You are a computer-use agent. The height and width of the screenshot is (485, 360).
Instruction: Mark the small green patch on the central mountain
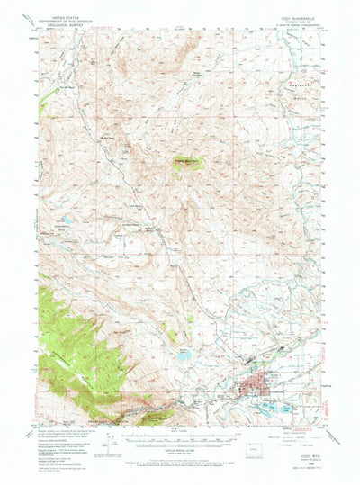pos(190,164)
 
